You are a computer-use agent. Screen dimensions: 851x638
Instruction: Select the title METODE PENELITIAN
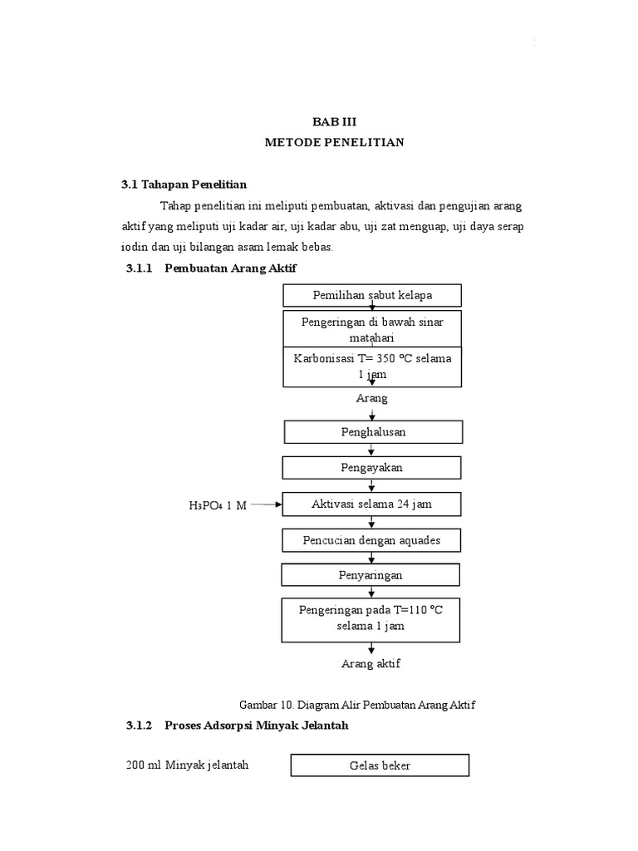[334, 142]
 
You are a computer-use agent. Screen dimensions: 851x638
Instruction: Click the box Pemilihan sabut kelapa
[372, 295]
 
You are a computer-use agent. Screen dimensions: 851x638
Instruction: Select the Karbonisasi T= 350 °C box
[372, 366]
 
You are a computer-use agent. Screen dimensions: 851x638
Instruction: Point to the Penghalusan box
[373, 432]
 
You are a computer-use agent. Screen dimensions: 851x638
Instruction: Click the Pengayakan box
[371, 468]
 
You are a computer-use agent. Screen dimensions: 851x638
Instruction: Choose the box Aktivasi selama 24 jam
[371, 504]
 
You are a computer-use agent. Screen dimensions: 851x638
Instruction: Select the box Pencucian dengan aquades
[371, 540]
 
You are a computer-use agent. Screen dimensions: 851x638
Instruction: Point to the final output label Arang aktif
[371, 664]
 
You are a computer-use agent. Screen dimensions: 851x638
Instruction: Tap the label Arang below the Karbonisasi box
[371, 398]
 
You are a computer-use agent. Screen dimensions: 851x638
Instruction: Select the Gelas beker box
[380, 765]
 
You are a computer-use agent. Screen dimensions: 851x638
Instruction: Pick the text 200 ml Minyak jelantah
[187, 765]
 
